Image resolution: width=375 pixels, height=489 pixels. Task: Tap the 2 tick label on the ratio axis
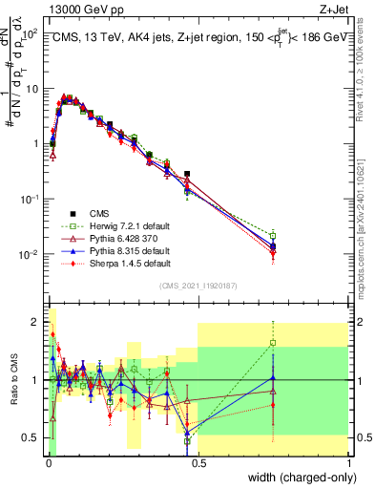point(34,321)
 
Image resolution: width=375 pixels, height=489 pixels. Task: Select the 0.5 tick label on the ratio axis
point(30,437)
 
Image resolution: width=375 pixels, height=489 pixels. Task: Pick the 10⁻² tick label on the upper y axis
point(28,254)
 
